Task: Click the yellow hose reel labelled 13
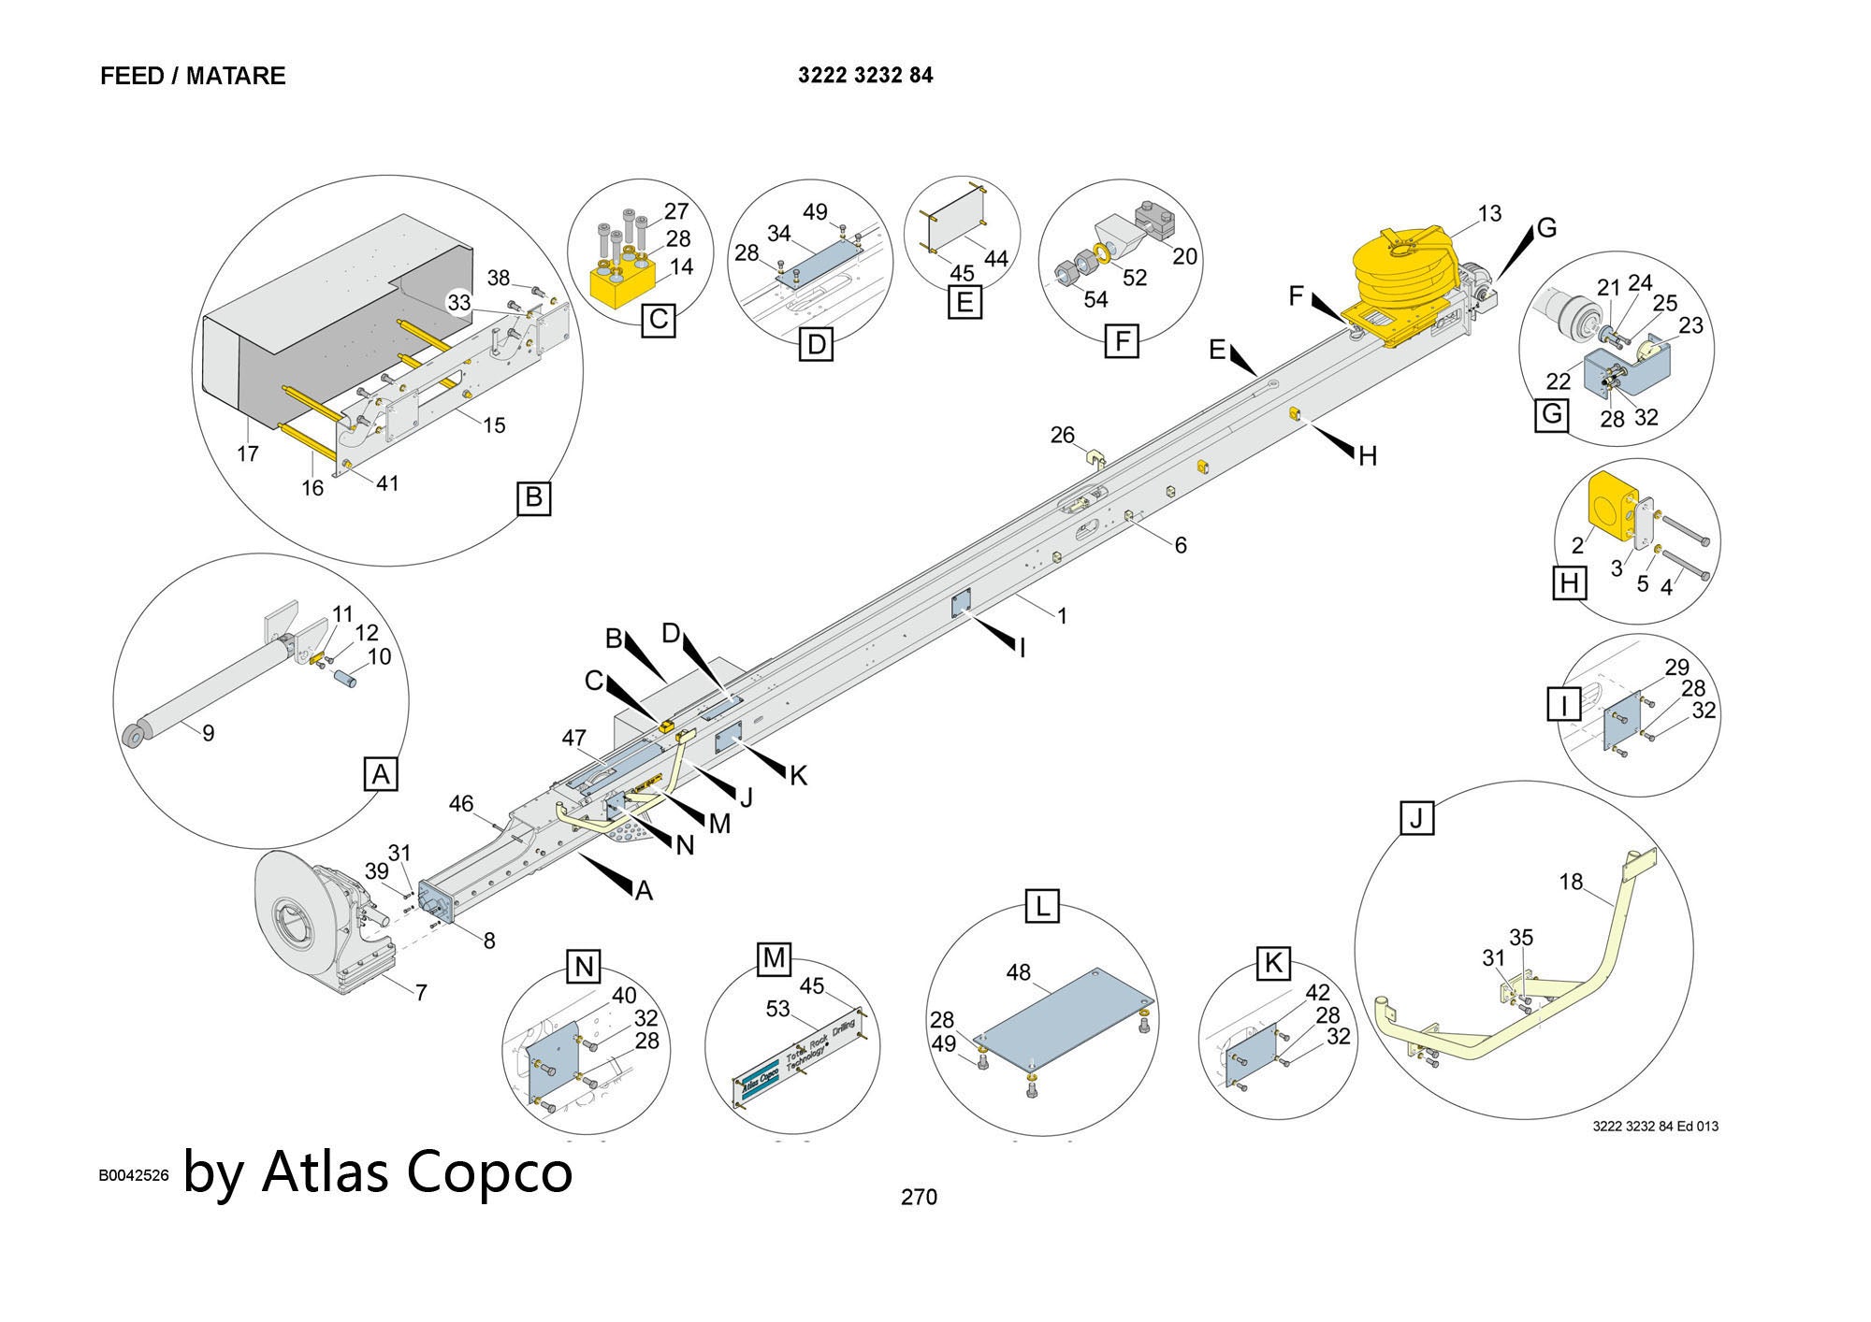coord(1403,266)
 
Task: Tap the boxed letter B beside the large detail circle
coord(533,497)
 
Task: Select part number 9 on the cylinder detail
coord(208,734)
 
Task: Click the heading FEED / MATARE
coord(193,76)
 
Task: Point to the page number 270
coord(918,1197)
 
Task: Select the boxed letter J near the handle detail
coord(1416,819)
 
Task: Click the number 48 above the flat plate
coord(1018,972)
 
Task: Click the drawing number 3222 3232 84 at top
coord(865,76)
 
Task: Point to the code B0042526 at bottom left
coord(134,1175)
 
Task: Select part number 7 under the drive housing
coord(421,993)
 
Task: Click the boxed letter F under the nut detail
coord(1121,341)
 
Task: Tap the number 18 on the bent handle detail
coord(1571,882)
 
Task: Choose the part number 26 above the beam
coord(1063,435)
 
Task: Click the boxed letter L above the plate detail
coord(1042,906)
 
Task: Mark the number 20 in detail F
coord(1184,256)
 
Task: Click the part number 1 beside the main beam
coord(1062,616)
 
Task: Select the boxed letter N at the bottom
coord(584,966)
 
